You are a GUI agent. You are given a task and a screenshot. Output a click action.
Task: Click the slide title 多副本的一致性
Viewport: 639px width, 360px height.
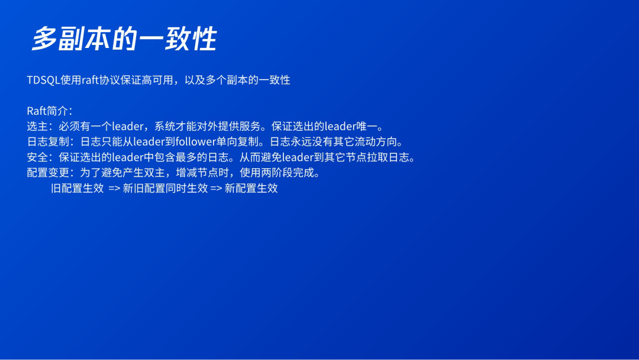(x=124, y=39)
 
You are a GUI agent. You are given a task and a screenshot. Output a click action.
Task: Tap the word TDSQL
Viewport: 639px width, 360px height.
(x=43, y=80)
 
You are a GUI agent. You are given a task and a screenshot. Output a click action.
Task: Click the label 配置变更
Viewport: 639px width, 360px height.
(x=48, y=173)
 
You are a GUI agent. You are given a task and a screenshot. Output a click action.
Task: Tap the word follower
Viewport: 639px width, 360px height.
(x=196, y=142)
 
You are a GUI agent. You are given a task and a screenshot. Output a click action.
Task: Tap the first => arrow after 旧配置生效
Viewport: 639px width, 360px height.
(x=115, y=188)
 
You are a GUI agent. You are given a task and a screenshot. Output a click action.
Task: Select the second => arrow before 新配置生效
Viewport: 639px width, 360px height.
(x=216, y=188)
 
